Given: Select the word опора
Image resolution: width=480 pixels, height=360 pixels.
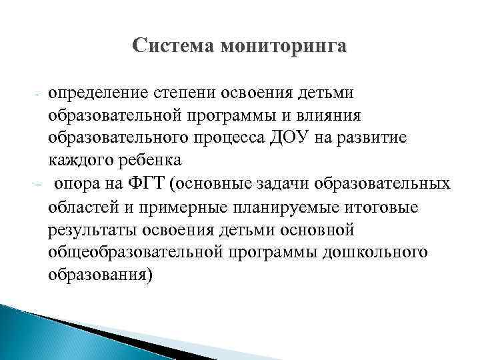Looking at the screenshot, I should tap(79, 183).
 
